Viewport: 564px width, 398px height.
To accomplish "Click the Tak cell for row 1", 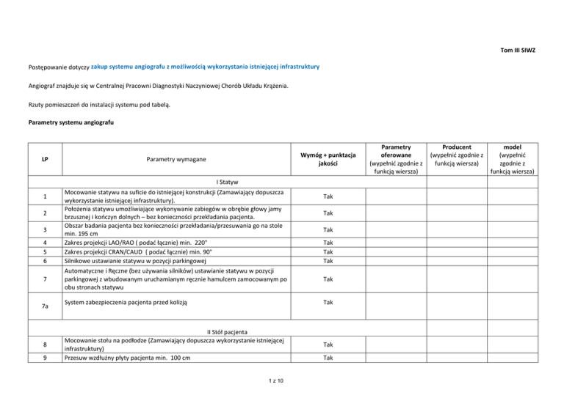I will (x=328, y=196).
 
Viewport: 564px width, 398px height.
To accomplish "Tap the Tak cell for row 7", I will (x=328, y=279).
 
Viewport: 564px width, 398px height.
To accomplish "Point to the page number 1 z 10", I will (x=282, y=381).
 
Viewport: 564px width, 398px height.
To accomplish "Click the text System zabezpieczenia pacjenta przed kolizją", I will (x=128, y=301).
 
